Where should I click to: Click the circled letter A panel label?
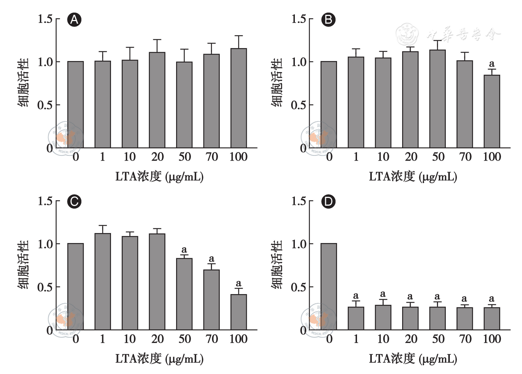(x=74, y=20)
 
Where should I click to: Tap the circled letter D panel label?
(x=328, y=202)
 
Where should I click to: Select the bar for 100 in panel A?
(x=239, y=98)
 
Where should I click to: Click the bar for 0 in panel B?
(x=329, y=105)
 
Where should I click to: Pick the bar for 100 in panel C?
(x=239, y=312)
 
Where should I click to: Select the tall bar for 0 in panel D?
(x=329, y=287)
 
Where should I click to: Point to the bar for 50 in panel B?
(x=437, y=99)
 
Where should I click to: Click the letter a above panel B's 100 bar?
(x=492, y=64)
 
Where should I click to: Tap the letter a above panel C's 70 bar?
(x=212, y=259)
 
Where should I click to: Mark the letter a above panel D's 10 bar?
(x=383, y=294)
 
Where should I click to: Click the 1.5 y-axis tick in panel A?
(x=45, y=19)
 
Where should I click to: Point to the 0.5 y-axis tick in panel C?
(x=45, y=287)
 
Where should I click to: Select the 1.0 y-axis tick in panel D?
(x=299, y=244)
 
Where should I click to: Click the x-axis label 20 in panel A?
(x=157, y=157)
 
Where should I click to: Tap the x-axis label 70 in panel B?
(x=465, y=157)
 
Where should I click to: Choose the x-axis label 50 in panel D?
(x=438, y=339)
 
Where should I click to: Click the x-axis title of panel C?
(x=159, y=358)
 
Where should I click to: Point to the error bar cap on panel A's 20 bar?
(x=157, y=40)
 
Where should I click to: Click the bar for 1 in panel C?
(x=102, y=281)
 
